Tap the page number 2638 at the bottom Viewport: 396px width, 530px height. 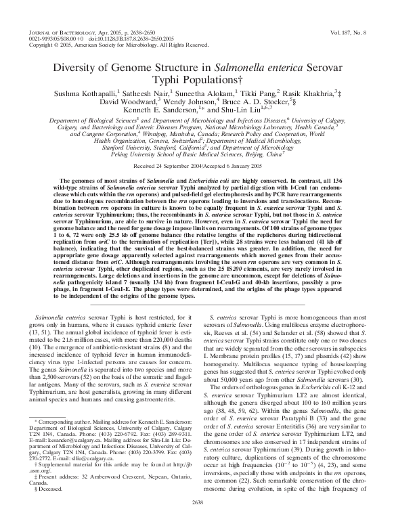pos(198,520)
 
